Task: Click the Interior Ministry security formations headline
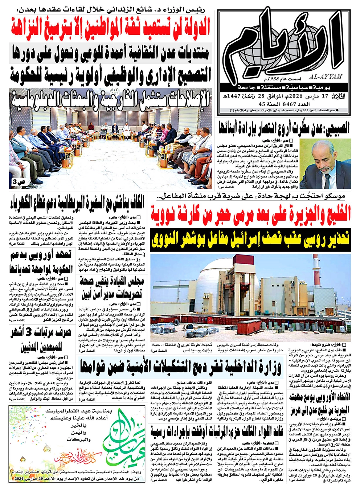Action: click(x=180, y=367)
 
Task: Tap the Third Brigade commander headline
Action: click(x=217, y=431)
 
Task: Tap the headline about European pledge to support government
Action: click(x=41, y=262)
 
